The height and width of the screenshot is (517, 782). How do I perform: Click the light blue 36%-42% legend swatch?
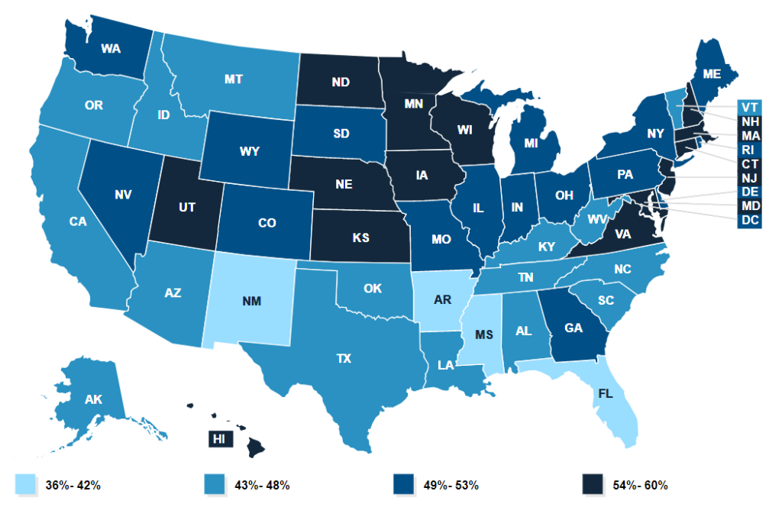24,485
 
